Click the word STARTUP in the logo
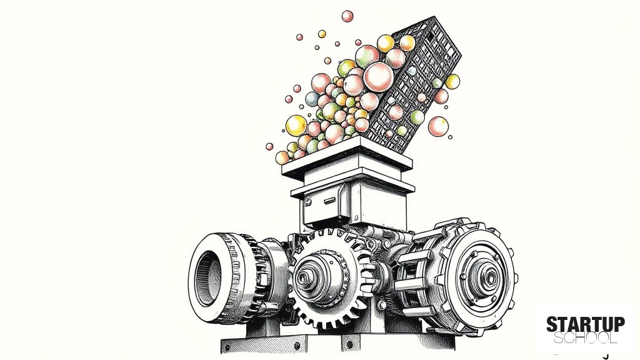coord(585,325)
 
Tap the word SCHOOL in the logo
coord(585,338)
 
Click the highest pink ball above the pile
coord(347,16)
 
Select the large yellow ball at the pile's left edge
coord(296,126)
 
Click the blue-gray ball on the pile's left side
coord(312,99)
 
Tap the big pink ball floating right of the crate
coord(438,126)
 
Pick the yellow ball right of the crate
coord(452,82)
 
